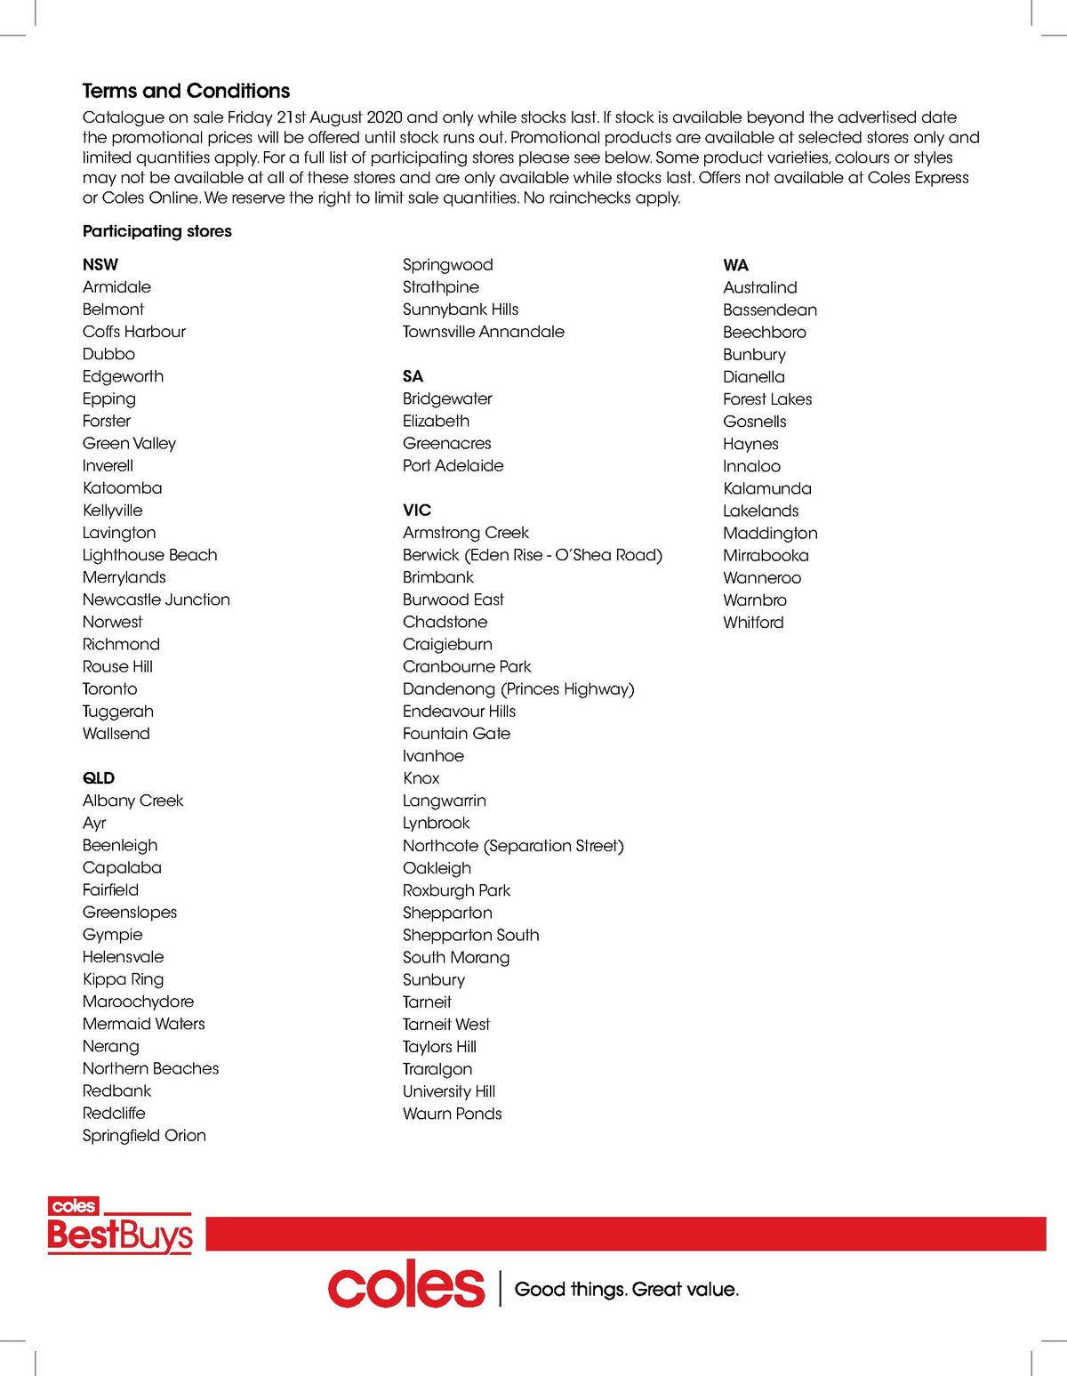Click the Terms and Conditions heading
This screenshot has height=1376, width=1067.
point(186,91)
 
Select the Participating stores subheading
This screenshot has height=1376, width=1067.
point(156,231)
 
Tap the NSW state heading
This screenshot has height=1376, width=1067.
point(100,265)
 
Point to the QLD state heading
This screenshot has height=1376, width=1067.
point(99,778)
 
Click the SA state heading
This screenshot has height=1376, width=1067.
point(413,376)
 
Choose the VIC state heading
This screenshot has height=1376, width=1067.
point(417,511)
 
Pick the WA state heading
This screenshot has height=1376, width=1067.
point(736,265)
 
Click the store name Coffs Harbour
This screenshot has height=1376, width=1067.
point(134,332)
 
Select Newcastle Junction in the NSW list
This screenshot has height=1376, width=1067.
point(156,599)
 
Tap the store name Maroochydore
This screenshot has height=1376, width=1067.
point(138,1002)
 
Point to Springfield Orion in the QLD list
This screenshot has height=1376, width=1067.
point(144,1136)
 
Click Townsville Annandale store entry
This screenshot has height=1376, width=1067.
point(484,332)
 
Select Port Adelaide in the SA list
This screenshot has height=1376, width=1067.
point(453,466)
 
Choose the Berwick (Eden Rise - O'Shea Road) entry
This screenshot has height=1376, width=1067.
point(533,555)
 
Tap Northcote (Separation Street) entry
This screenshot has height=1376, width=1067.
point(513,846)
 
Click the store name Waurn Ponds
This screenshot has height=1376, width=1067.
point(453,1114)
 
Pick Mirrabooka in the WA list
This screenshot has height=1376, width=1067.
point(766,556)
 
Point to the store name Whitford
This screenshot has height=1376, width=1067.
point(754,623)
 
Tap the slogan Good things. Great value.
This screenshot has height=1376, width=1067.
point(627,1289)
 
